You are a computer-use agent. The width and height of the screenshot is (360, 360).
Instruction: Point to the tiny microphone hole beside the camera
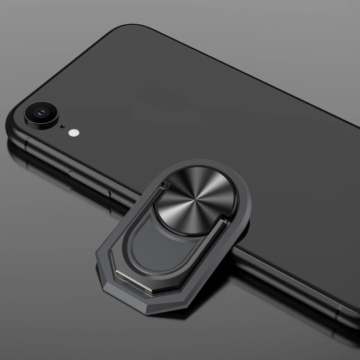click(x=63, y=126)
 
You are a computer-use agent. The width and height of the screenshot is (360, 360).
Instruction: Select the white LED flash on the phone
click(x=73, y=133)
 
